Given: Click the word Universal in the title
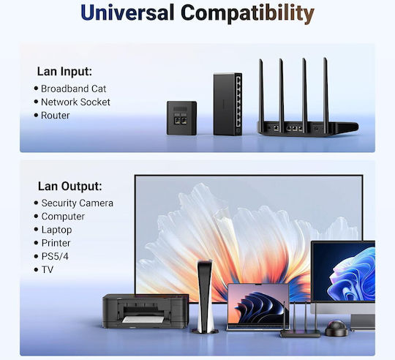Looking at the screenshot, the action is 127,12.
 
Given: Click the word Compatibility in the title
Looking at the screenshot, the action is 248,14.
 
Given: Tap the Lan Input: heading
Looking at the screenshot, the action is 64,71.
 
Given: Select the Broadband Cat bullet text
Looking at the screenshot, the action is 73,89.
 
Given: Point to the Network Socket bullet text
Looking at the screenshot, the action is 75,102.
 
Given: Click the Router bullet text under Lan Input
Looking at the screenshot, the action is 55,116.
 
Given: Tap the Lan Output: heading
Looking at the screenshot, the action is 70,187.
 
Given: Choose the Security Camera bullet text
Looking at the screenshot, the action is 78,203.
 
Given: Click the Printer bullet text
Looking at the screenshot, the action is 56,243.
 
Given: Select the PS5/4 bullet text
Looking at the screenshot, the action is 55,256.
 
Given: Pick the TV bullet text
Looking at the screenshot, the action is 48,270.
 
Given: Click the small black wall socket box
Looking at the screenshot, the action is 181,118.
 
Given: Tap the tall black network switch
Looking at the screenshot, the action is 227,104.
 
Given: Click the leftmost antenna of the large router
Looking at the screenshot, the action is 261,92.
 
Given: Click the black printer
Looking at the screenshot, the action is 146,311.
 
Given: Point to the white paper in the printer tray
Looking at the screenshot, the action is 143,320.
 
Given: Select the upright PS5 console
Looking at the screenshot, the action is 205,297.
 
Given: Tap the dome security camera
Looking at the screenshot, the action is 336,328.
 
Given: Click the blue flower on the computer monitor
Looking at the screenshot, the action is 352,274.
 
